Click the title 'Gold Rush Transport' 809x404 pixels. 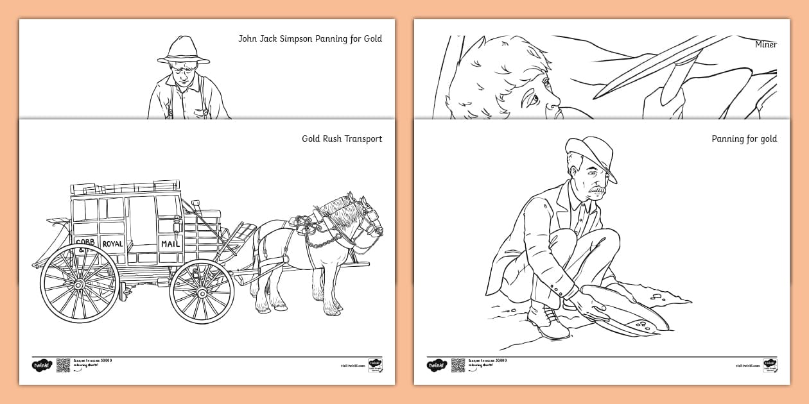pos(342,139)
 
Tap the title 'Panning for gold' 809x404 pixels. pos(744,139)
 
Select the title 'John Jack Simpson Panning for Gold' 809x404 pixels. pos(310,38)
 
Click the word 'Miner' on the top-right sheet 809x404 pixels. pos(766,44)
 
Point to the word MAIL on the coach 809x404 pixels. pos(170,244)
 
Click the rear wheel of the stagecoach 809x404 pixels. pos(80,282)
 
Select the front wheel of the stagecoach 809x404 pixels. pos(202,292)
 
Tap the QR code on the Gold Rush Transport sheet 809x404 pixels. pos(63,365)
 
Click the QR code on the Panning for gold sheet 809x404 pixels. pos(458,365)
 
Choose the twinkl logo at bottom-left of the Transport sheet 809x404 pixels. pos(41,365)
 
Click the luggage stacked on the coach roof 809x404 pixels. pos(125,188)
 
